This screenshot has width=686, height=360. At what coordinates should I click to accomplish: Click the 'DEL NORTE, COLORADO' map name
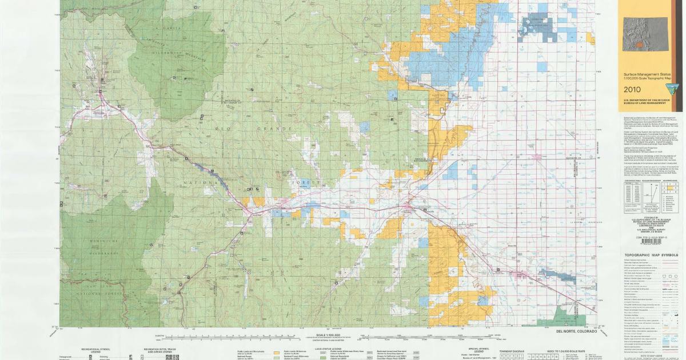point(576,331)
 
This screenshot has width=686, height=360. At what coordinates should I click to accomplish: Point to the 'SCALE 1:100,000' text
point(321,335)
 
